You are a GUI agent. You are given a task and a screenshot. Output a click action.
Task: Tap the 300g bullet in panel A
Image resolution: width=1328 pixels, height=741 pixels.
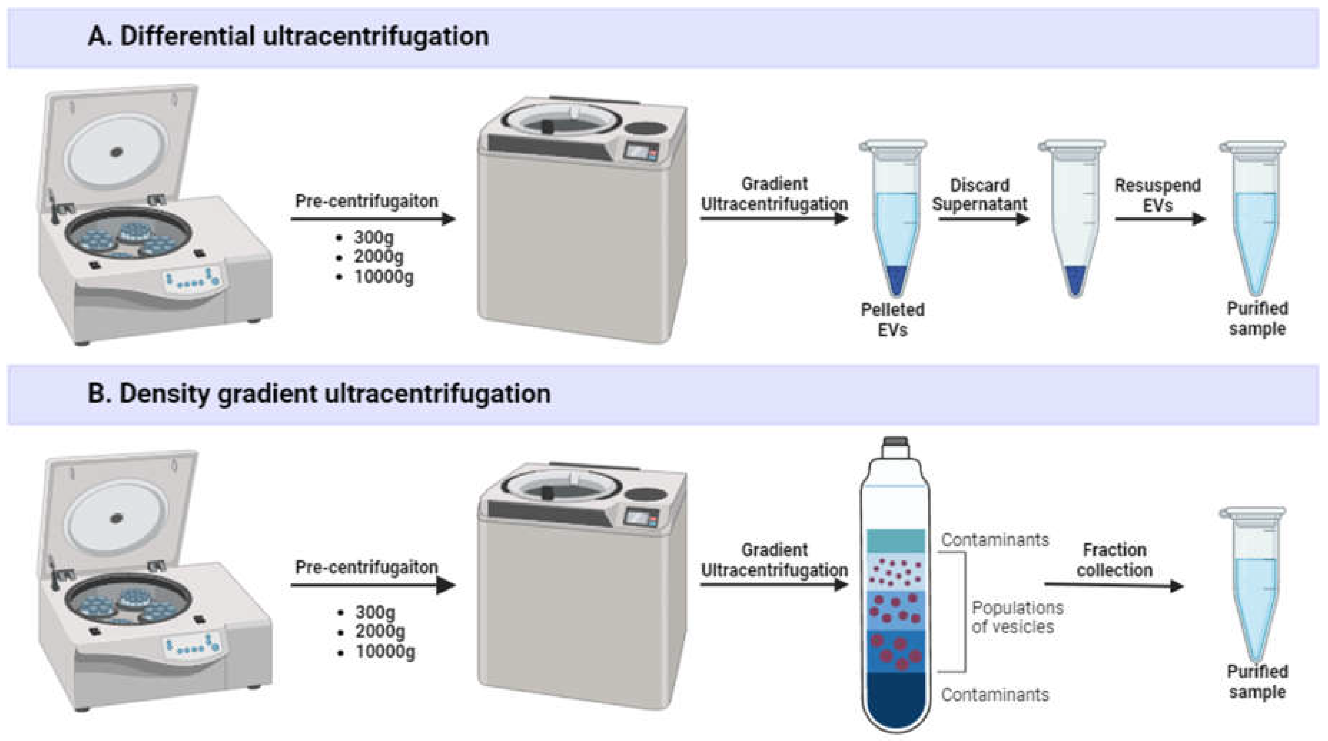click(x=374, y=238)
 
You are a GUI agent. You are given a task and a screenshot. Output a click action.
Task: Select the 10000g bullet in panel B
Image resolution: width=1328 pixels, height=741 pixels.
click(x=384, y=652)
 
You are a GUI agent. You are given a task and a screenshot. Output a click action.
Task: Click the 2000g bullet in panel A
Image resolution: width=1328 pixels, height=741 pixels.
click(x=378, y=257)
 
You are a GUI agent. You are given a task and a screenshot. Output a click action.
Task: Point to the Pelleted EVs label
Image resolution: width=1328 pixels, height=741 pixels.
click(x=892, y=320)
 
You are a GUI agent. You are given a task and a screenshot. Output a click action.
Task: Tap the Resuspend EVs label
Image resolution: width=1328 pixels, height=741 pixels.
click(x=1157, y=195)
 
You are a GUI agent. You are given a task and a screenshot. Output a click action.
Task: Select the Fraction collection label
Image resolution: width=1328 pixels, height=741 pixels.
click(x=1114, y=560)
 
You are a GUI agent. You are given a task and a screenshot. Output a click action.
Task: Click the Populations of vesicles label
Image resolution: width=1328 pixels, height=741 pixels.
click(x=1017, y=617)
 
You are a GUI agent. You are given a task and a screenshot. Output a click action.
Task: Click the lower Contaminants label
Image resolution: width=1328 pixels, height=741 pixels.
click(x=995, y=695)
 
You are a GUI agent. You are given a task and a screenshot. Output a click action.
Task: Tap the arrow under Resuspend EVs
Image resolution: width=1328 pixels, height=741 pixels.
click(x=1160, y=219)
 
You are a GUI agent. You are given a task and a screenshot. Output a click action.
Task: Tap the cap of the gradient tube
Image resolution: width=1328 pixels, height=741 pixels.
click(x=896, y=442)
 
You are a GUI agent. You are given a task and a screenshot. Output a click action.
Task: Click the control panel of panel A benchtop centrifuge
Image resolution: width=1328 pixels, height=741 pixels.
click(x=192, y=281)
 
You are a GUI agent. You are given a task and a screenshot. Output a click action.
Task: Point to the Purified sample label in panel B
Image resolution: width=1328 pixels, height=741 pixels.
click(x=1257, y=682)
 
